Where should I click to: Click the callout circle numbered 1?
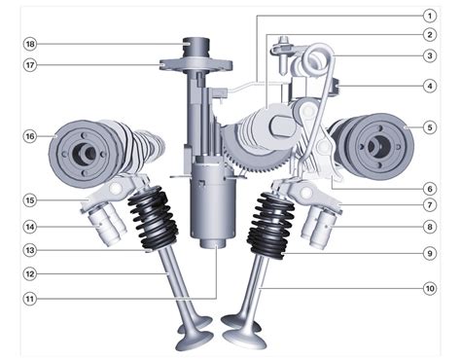click(430, 16)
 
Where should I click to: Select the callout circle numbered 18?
click(30, 44)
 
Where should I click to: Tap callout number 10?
click(430, 288)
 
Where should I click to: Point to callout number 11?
click(30, 299)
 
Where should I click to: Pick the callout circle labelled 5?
click(430, 127)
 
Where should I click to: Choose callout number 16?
click(30, 136)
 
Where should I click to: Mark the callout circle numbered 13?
click(30, 250)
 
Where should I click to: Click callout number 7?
click(430, 205)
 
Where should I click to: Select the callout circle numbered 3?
click(430, 55)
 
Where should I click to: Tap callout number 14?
click(30, 227)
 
